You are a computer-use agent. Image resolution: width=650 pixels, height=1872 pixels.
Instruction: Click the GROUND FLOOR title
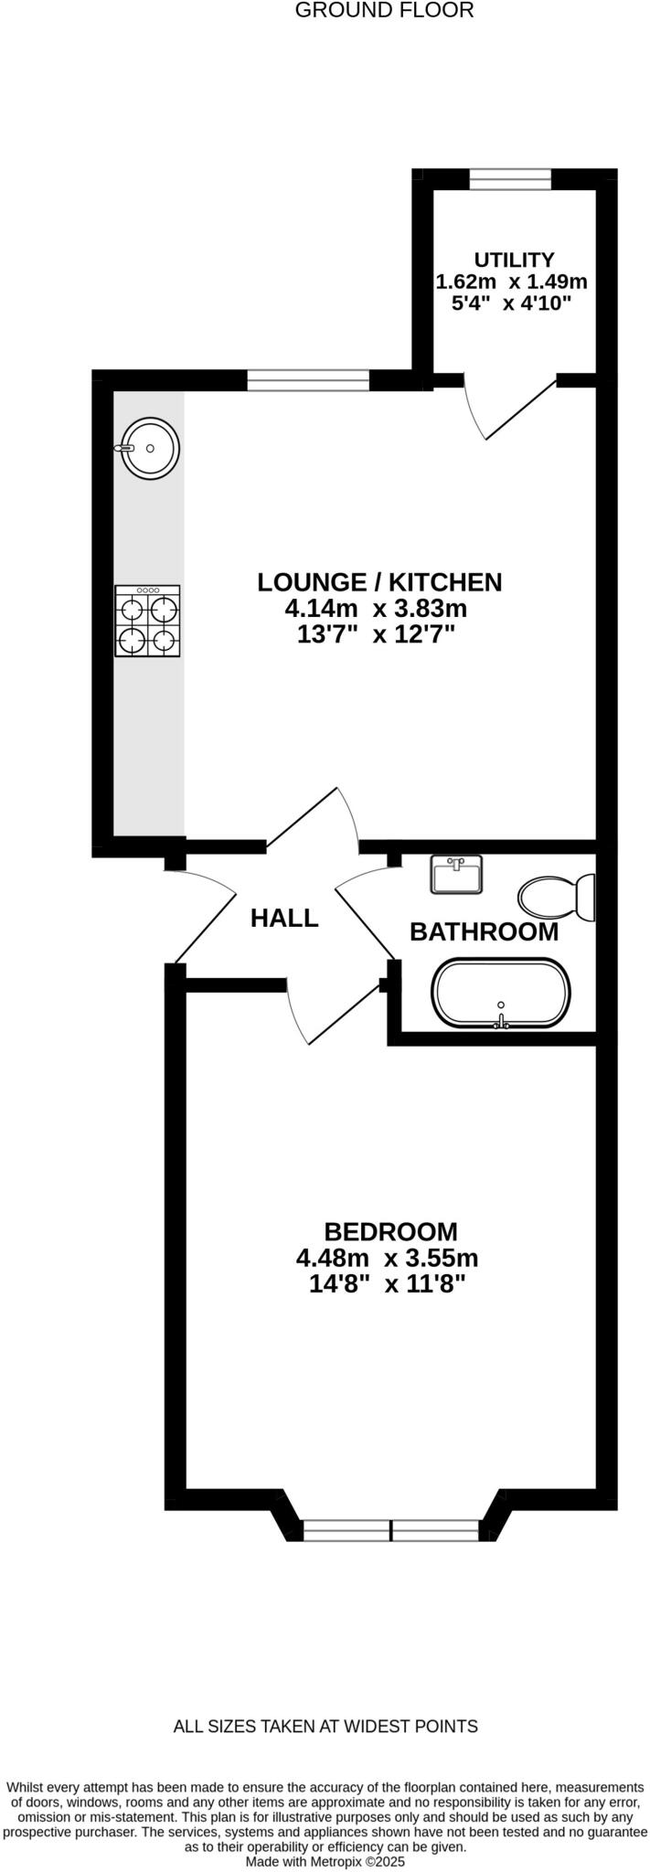point(385,11)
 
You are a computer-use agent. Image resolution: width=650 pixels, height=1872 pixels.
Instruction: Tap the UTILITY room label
point(514,260)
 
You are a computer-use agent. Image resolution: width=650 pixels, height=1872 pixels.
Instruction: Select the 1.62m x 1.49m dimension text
point(512,282)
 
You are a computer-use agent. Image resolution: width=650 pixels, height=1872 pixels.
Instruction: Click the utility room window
point(510,179)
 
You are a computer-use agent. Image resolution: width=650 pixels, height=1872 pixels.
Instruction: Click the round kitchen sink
point(151,449)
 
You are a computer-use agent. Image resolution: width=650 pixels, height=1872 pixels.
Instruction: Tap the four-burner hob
point(147,622)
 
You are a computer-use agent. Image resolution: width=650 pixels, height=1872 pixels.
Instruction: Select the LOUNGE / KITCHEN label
point(379,582)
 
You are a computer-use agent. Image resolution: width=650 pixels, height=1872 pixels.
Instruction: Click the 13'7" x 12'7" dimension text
point(376,634)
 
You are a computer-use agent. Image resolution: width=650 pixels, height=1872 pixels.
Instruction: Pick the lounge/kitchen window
point(308,379)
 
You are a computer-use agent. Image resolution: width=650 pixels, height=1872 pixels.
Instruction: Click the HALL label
point(284,918)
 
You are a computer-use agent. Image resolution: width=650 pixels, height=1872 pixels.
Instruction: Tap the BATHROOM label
point(484,931)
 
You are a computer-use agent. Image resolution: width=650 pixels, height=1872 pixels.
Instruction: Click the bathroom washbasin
point(455,875)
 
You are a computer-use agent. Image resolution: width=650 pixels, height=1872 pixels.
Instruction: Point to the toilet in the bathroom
point(557,897)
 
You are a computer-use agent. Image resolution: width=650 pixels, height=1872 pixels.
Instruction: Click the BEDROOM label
point(390,1231)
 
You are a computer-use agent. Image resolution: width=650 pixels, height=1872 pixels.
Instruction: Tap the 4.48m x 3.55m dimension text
point(387,1258)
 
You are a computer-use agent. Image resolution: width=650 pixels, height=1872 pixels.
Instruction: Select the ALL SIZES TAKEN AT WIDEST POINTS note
point(325,1726)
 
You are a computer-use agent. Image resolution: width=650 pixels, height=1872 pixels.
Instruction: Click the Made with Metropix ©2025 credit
point(325,1860)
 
